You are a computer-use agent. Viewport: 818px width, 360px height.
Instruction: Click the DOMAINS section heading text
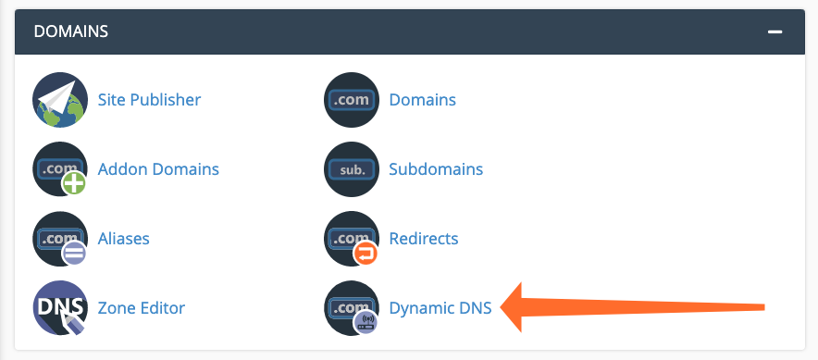pos(71,31)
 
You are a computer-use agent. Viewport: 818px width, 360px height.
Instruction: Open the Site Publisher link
pos(149,99)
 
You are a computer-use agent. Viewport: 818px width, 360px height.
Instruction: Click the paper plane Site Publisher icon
pos(59,99)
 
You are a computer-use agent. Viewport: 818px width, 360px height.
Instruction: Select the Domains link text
pos(422,99)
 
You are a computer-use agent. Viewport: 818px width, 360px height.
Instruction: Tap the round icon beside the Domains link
pos(352,99)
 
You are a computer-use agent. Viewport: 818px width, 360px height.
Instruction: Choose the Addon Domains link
pos(158,169)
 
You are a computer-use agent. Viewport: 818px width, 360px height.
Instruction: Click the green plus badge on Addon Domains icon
pos(74,183)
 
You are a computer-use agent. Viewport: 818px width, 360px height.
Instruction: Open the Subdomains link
pos(436,169)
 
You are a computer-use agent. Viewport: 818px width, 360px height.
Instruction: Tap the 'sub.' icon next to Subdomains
pos(352,169)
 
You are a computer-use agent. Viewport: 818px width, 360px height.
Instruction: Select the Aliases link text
pos(123,239)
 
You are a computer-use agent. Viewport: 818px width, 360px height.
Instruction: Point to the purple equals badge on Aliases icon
pos(74,253)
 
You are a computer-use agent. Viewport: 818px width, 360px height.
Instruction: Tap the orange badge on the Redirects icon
pos(366,253)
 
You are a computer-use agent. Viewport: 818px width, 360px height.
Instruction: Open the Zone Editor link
pos(142,308)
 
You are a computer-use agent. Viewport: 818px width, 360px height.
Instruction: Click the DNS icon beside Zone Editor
pos(59,308)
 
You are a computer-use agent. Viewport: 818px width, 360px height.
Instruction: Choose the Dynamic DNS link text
pos(440,308)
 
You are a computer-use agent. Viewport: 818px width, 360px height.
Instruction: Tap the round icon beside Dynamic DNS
pos(352,308)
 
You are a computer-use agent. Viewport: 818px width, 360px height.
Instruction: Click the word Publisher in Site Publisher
pos(166,99)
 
